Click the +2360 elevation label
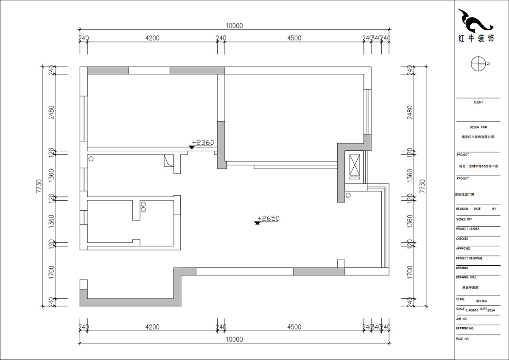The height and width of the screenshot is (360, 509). pos(203,143)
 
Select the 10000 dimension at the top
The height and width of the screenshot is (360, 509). pos(234,25)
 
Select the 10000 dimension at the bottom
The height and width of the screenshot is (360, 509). pos(234,339)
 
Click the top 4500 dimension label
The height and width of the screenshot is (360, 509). pos(294,38)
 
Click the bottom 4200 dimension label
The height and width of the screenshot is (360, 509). pos(152,327)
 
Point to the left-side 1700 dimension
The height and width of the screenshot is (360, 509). pos(51,272)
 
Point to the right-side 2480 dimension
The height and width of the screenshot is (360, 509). pos(410,113)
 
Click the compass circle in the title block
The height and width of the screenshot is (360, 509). pos(478,64)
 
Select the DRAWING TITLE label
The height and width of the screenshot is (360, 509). pos(466,277)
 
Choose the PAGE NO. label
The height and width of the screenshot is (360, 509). pos(463,339)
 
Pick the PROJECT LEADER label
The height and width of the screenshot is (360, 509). pos(467,229)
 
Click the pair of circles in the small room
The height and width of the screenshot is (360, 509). pos(143,207)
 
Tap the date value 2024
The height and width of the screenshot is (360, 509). pos(491,311)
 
